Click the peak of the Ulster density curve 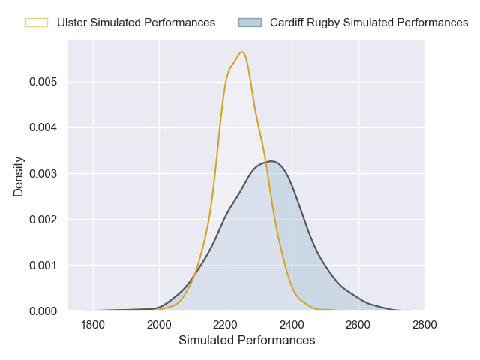[242, 52]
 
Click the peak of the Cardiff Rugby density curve [271, 161]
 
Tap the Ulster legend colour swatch [36, 22]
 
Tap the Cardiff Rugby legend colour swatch [250, 22]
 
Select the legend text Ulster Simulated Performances [136, 22]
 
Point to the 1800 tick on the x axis [93, 325]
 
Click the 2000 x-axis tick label [159, 325]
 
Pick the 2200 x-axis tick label [226, 325]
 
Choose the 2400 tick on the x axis [292, 325]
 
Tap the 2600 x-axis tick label [358, 325]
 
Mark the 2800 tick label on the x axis [424, 325]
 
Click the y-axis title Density [19, 176]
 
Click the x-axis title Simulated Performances [247, 340]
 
